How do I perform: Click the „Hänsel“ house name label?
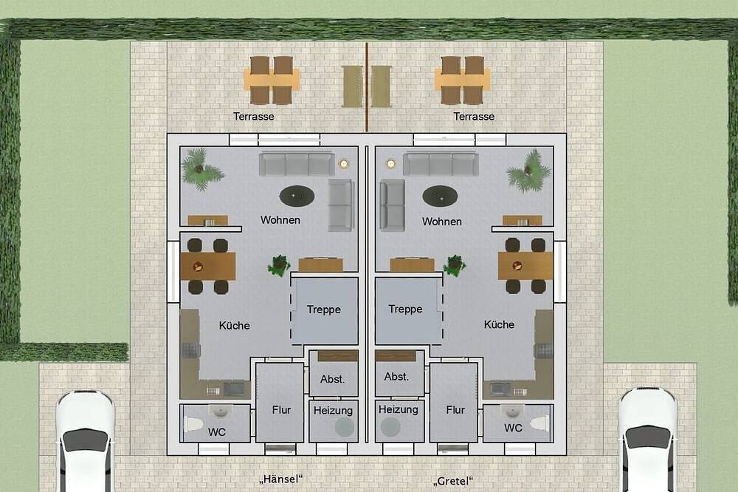pyautogui.click(x=280, y=479)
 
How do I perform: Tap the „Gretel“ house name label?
pyautogui.click(x=453, y=481)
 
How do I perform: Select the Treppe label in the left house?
pyautogui.click(x=324, y=310)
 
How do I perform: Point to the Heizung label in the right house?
pyautogui.click(x=399, y=409)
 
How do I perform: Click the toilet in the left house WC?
pyautogui.click(x=193, y=424)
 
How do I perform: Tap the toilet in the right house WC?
pyautogui.click(x=539, y=423)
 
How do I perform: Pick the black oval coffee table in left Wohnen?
pyautogui.click(x=297, y=196)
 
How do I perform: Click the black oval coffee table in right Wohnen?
pyautogui.click(x=440, y=196)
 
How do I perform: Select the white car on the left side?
pyautogui.click(x=85, y=440)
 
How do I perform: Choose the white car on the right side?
pyautogui.click(x=648, y=440)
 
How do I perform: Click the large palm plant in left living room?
pyautogui.click(x=201, y=168)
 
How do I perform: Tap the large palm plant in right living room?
pyautogui.click(x=529, y=171)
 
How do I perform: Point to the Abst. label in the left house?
pyautogui.click(x=332, y=380)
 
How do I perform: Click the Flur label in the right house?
pyautogui.click(x=455, y=410)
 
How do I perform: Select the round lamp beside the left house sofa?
pyautogui.click(x=344, y=163)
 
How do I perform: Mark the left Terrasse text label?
pyautogui.click(x=254, y=117)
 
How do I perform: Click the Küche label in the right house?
pyautogui.click(x=499, y=325)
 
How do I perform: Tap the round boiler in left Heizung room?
pyautogui.click(x=345, y=427)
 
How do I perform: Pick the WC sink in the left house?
pyautogui.click(x=220, y=411)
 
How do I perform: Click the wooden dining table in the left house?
pyautogui.click(x=207, y=266)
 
